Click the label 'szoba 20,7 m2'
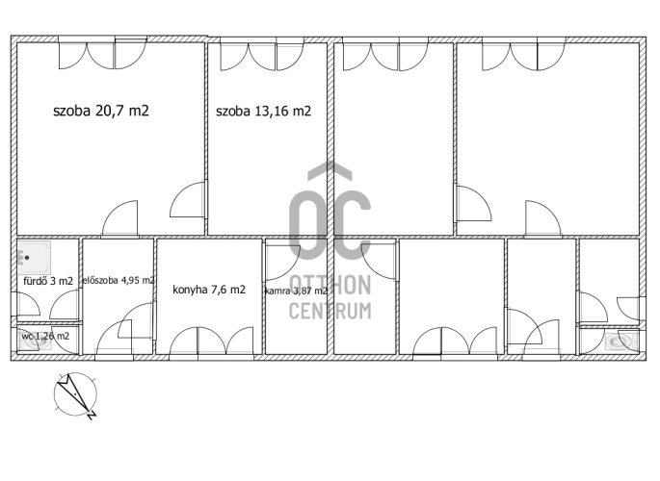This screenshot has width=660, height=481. click(x=101, y=111)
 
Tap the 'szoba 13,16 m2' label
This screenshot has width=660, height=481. click(x=263, y=112)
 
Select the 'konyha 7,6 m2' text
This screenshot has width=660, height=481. click(x=209, y=290)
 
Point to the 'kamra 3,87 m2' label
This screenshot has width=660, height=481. click(x=296, y=291)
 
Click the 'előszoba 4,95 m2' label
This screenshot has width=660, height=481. click(x=119, y=280)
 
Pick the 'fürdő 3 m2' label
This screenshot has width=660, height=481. click(x=48, y=281)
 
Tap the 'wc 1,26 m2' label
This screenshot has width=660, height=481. click(x=45, y=336)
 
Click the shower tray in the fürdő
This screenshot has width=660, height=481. click(x=34, y=257)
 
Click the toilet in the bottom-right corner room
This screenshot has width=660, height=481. click(x=621, y=342)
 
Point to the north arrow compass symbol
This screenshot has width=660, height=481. click(x=75, y=394)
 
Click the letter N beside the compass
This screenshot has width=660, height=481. click(x=92, y=415)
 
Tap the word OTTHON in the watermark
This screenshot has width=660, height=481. click(x=330, y=285)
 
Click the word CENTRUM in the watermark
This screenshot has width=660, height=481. click(x=330, y=312)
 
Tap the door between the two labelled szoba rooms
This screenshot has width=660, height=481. click(x=188, y=199)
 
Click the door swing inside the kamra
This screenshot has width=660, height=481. click(x=282, y=262)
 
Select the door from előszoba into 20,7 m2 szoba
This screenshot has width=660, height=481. click(x=120, y=219)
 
